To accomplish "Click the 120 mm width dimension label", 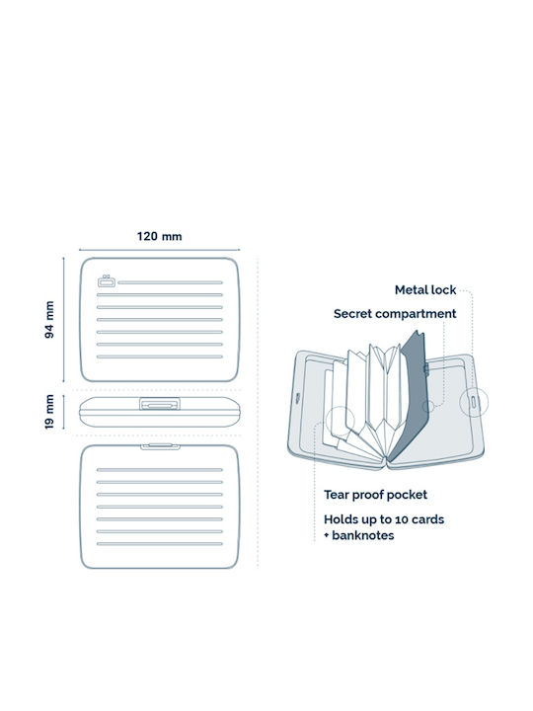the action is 160,236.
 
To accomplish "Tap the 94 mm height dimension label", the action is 49,320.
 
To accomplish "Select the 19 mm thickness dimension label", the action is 49,412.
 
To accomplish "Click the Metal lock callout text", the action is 425,289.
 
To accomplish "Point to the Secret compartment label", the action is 395,314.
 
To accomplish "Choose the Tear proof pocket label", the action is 375,495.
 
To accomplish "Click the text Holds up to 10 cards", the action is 384,519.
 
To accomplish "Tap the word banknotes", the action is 363,535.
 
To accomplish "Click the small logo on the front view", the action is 107,281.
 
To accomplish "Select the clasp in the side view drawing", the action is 160,404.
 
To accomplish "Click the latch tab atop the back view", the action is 160,446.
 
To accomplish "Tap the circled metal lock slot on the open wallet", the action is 474,402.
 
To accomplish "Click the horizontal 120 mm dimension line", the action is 160,250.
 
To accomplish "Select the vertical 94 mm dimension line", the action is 63,320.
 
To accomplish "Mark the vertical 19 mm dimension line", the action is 63,412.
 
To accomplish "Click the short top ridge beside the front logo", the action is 171,282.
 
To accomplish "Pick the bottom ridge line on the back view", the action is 160,544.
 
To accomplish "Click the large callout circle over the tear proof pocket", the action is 340,422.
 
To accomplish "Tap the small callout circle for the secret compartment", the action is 428,406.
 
